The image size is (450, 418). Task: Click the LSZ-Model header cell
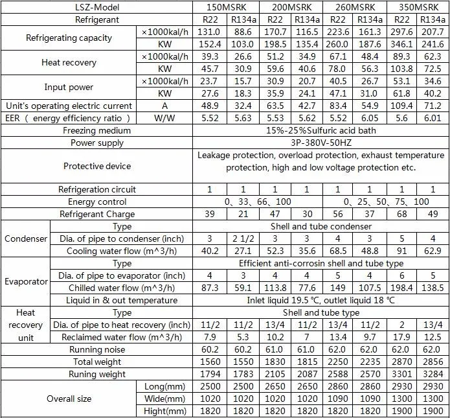pyautogui.click(x=97, y=6)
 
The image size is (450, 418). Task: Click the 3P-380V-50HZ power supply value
pyautogui.click(x=321, y=143)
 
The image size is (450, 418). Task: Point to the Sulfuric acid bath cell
pyautogui.click(x=321, y=130)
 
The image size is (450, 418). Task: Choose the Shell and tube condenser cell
pyautogui.click(x=321, y=227)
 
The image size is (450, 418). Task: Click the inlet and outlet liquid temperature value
pyautogui.click(x=321, y=300)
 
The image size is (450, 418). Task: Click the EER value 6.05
pyautogui.click(x=369, y=118)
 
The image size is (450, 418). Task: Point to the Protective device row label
pyautogui.click(x=97, y=166)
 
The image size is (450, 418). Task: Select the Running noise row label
pyautogui.click(x=97, y=350)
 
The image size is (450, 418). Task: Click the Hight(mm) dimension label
pyautogui.click(x=166, y=411)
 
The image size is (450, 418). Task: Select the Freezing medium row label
pyautogui.click(x=97, y=130)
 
